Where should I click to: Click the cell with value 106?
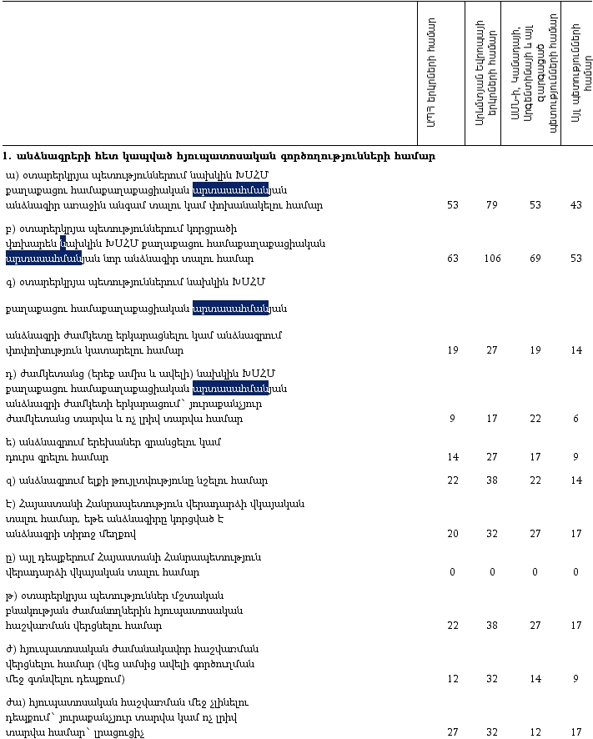(x=492, y=259)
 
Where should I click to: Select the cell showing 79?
(x=492, y=205)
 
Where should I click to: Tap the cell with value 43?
(x=575, y=205)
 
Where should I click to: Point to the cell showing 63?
(x=453, y=259)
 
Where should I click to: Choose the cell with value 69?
(x=535, y=259)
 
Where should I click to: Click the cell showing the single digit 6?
(x=575, y=419)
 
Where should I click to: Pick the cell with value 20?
(x=453, y=534)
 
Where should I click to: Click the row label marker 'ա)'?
(x=11, y=175)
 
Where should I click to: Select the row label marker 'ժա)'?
(x=13, y=702)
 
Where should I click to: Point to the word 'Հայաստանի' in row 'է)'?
(x=49, y=504)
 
